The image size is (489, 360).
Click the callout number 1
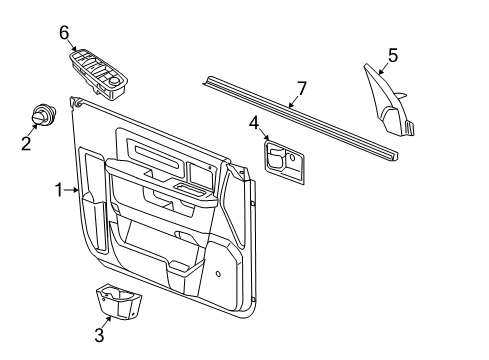(59, 188)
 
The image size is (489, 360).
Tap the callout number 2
(27, 143)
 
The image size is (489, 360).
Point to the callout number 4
(255, 124)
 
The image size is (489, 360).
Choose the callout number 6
(64, 33)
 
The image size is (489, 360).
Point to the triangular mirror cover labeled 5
(393, 103)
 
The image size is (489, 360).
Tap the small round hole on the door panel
(218, 272)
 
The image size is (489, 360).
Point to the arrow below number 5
(386, 70)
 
